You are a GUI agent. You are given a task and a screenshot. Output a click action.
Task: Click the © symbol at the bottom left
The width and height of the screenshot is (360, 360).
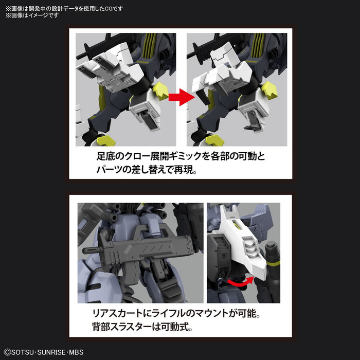(7, 354)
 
